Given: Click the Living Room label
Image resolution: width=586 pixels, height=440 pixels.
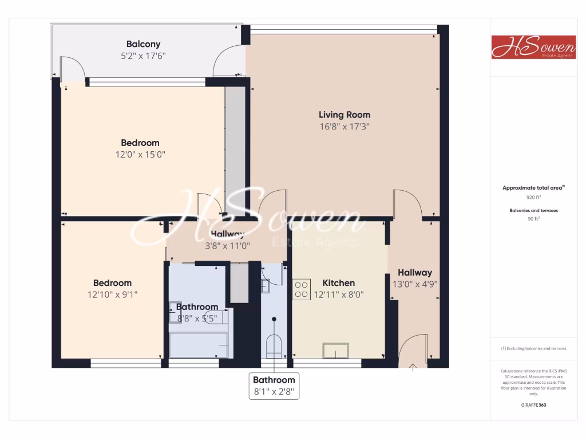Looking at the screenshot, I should (344, 115).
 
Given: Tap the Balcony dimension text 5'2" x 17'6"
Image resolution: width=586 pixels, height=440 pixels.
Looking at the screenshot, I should (143, 56).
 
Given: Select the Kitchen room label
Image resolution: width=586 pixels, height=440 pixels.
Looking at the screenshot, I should (338, 282).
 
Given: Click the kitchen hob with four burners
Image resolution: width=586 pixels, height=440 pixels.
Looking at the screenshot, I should (302, 289).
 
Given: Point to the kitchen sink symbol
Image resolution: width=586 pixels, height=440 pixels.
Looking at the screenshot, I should (335, 349).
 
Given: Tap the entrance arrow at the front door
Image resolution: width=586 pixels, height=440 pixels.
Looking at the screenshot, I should (413, 366).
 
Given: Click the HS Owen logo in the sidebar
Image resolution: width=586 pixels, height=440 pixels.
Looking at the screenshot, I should (525, 47).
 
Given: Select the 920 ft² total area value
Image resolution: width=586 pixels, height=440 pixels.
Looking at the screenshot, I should (533, 197).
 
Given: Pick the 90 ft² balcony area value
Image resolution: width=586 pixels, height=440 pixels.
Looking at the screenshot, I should (533, 218).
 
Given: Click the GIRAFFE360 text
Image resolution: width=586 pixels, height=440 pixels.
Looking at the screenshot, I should (533, 404).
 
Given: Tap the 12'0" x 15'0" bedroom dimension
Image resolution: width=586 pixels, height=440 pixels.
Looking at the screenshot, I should (140, 154).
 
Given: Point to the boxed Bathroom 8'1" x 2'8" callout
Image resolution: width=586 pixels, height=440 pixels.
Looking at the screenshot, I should (274, 386).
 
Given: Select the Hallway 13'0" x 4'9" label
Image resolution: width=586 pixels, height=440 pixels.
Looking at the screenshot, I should (415, 278).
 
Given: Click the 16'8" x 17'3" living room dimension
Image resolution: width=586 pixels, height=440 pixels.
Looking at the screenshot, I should (344, 127).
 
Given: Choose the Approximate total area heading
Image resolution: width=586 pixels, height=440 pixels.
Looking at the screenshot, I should (533, 187).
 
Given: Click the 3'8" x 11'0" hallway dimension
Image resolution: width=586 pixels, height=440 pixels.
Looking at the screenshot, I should (228, 245).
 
